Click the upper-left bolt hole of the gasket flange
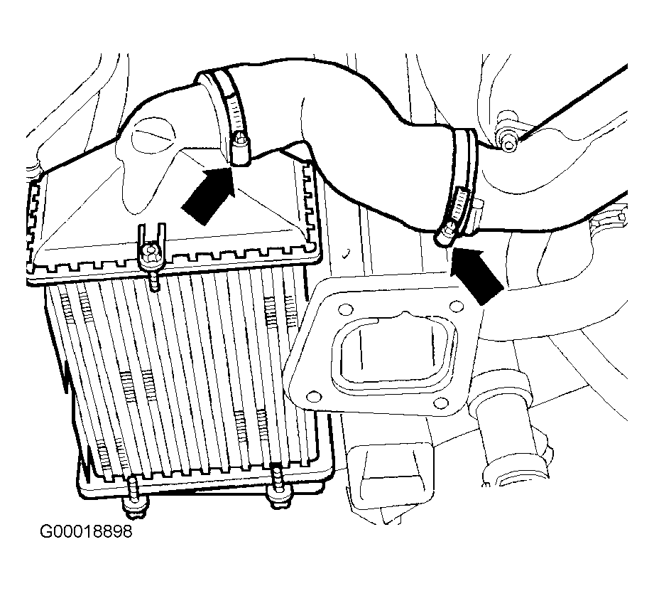pyautogui.click(x=345, y=309)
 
